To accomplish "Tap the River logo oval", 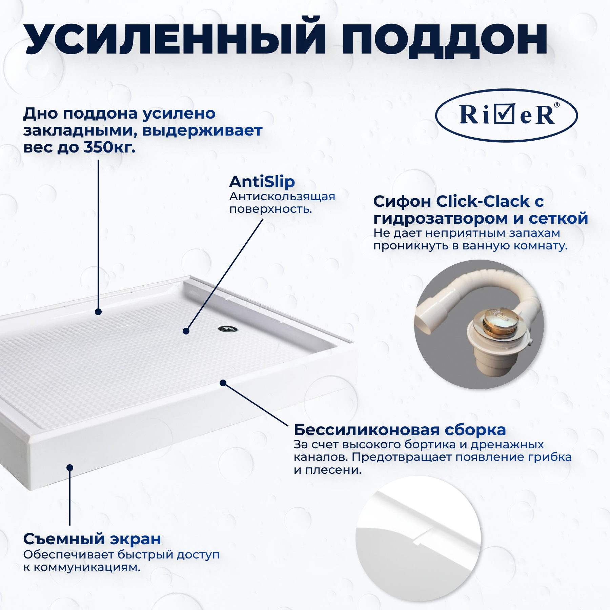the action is [506, 115].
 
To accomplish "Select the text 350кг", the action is [109, 147].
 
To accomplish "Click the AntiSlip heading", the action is [262, 182].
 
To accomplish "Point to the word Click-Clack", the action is [483, 201].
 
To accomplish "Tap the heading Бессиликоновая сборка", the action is [400, 430].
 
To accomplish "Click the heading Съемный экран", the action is [92, 539].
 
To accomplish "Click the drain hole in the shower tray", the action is [228, 329].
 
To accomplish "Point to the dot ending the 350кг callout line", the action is [98, 312].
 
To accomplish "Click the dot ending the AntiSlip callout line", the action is [186, 331].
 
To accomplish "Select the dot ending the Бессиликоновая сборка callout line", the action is [223, 383].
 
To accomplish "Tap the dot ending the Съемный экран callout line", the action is [70, 468].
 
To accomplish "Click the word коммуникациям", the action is [87, 567].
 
